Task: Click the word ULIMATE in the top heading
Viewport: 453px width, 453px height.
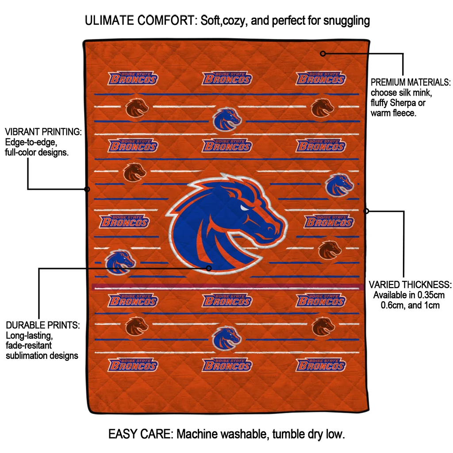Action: (x=109, y=20)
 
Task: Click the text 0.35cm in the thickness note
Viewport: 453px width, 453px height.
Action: (x=430, y=295)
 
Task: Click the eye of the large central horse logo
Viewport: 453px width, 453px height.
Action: (x=244, y=207)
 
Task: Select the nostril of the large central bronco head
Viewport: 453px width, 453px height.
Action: (x=271, y=230)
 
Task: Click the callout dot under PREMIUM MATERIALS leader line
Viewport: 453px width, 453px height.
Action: (x=323, y=54)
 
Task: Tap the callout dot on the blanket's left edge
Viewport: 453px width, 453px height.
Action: (x=87, y=189)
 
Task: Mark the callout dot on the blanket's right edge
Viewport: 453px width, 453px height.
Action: (x=366, y=211)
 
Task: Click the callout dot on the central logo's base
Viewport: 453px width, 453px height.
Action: (x=209, y=268)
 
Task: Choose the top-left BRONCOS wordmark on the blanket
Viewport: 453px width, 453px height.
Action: (x=133, y=78)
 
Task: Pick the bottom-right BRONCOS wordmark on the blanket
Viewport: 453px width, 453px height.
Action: (x=321, y=365)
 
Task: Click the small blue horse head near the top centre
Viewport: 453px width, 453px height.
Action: (x=227, y=119)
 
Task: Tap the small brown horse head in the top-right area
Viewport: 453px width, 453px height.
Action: (x=322, y=108)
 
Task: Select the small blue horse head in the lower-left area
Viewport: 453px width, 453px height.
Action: (x=120, y=262)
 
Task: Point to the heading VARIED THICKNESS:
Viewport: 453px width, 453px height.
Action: (x=410, y=284)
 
